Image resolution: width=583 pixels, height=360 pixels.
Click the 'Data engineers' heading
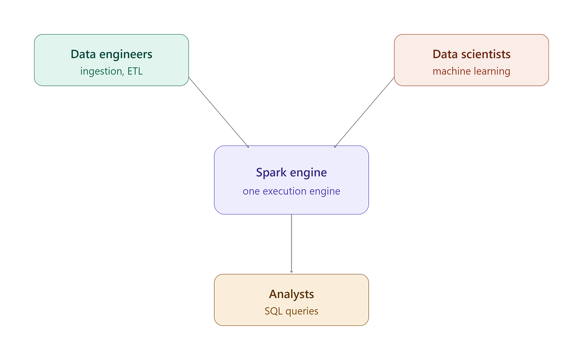click(x=112, y=55)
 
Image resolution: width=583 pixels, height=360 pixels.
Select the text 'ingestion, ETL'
click(x=112, y=71)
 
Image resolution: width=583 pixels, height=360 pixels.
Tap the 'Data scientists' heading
click(x=471, y=55)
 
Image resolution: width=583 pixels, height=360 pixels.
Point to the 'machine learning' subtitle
click(x=471, y=71)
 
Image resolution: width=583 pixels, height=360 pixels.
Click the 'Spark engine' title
click(x=291, y=173)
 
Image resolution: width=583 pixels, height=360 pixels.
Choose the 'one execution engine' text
click(x=291, y=191)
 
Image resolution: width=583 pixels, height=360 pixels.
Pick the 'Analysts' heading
click(x=291, y=295)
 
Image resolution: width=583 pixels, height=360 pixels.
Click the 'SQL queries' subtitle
click(x=291, y=311)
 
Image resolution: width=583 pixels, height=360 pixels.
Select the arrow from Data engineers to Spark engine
click(x=219, y=112)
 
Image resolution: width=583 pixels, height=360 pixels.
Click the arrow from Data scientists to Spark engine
click(x=364, y=112)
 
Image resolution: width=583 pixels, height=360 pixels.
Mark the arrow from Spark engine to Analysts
click(x=291, y=243)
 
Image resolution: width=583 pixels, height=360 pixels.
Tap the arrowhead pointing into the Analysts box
click(x=291, y=272)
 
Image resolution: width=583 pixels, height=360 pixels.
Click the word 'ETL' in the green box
click(x=135, y=71)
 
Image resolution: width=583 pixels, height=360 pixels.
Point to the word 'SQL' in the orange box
click(x=274, y=311)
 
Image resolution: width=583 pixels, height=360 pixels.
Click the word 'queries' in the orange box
click(x=302, y=311)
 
